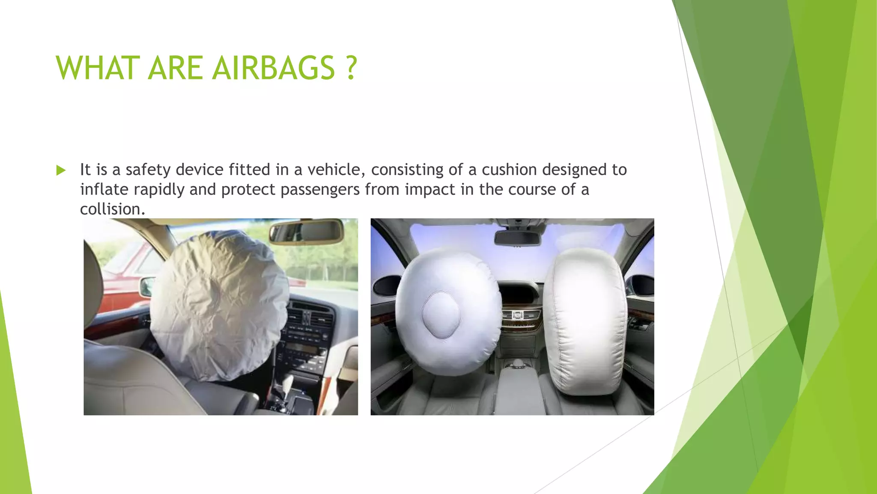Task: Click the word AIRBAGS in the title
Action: tap(274, 69)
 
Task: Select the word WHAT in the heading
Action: tap(98, 69)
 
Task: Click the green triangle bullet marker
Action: tap(61, 171)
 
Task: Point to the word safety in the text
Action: tap(148, 170)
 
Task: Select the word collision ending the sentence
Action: tap(112, 209)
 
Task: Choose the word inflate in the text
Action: tap(104, 190)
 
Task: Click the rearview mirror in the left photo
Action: tap(306, 232)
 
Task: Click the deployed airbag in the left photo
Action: tap(218, 304)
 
